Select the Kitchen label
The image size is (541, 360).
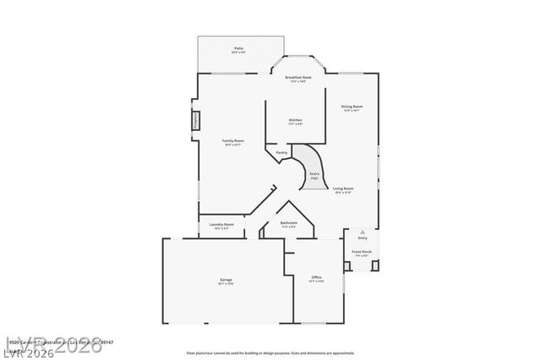point(295,122)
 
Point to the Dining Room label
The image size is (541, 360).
point(352,107)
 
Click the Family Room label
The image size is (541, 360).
point(232,141)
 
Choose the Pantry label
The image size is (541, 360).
point(281,153)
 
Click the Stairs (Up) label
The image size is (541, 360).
point(314,176)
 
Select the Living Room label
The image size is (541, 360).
point(342,190)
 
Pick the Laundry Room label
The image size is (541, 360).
point(223,226)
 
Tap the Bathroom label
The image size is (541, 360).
point(288,224)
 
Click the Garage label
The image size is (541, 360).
point(226,281)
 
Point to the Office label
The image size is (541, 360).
point(316,278)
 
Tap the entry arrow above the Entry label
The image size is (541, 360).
point(363,230)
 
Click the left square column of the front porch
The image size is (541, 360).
point(349,266)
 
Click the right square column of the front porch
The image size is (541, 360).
point(375,266)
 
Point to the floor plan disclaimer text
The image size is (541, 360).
point(270,352)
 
